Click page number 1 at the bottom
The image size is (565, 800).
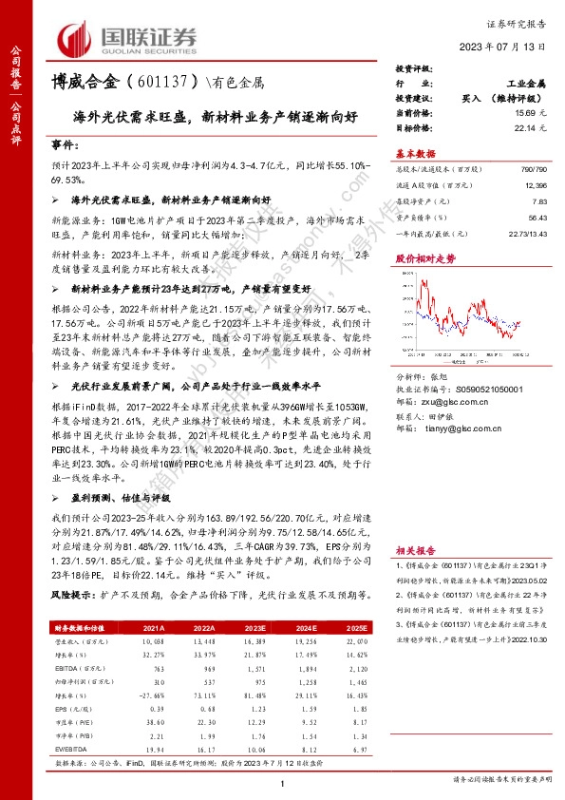pos(283,782)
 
